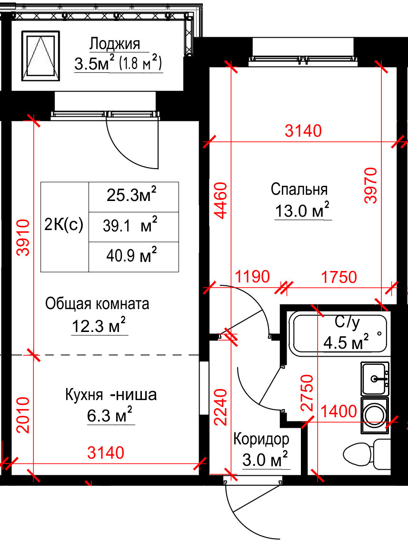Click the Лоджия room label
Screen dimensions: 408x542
pyautogui.click(x=115, y=44)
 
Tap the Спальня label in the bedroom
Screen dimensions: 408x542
pyautogui.click(x=299, y=189)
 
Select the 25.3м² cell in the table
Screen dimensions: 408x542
pyautogui.click(x=134, y=197)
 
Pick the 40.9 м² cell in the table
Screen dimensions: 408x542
pyautogui.click(x=134, y=257)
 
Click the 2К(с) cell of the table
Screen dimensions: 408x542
pyautogui.click(x=65, y=227)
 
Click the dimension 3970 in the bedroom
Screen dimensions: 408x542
pyautogui.click(x=371, y=185)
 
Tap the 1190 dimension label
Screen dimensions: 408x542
pyautogui.click(x=252, y=277)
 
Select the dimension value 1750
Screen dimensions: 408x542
pyautogui.click(x=339, y=277)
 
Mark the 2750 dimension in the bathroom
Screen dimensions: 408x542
pyautogui.click(x=307, y=392)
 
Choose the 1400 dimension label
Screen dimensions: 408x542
pyautogui.click(x=338, y=412)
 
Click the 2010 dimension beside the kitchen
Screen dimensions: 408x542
pyautogui.click(x=23, y=415)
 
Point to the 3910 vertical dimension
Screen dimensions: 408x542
pyautogui.click(x=23, y=238)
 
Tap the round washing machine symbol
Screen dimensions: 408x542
pyautogui.click(x=375, y=415)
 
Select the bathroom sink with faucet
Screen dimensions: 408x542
pyautogui.click(x=375, y=379)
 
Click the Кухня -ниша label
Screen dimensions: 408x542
pyautogui.click(x=111, y=395)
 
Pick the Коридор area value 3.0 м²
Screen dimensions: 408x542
pyautogui.click(x=265, y=460)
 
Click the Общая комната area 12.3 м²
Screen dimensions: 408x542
pyautogui.click(x=99, y=325)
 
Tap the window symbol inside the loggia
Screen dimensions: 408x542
pyautogui.click(x=41, y=56)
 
